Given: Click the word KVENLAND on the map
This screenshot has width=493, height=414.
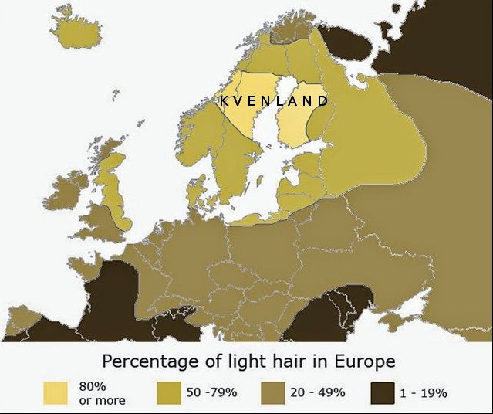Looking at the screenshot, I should (x=274, y=101).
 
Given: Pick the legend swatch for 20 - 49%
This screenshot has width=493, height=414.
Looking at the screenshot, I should (x=275, y=392).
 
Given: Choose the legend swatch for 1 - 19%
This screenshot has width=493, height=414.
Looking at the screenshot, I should (x=382, y=392).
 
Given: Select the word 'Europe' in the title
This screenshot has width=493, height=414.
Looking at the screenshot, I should (x=366, y=361).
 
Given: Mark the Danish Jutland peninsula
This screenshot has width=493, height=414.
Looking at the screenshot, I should (x=195, y=191).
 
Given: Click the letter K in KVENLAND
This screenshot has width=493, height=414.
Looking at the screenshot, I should (x=224, y=101).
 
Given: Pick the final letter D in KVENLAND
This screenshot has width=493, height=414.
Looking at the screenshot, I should (x=324, y=101).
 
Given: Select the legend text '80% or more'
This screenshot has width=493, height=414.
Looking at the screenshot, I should (x=102, y=392).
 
